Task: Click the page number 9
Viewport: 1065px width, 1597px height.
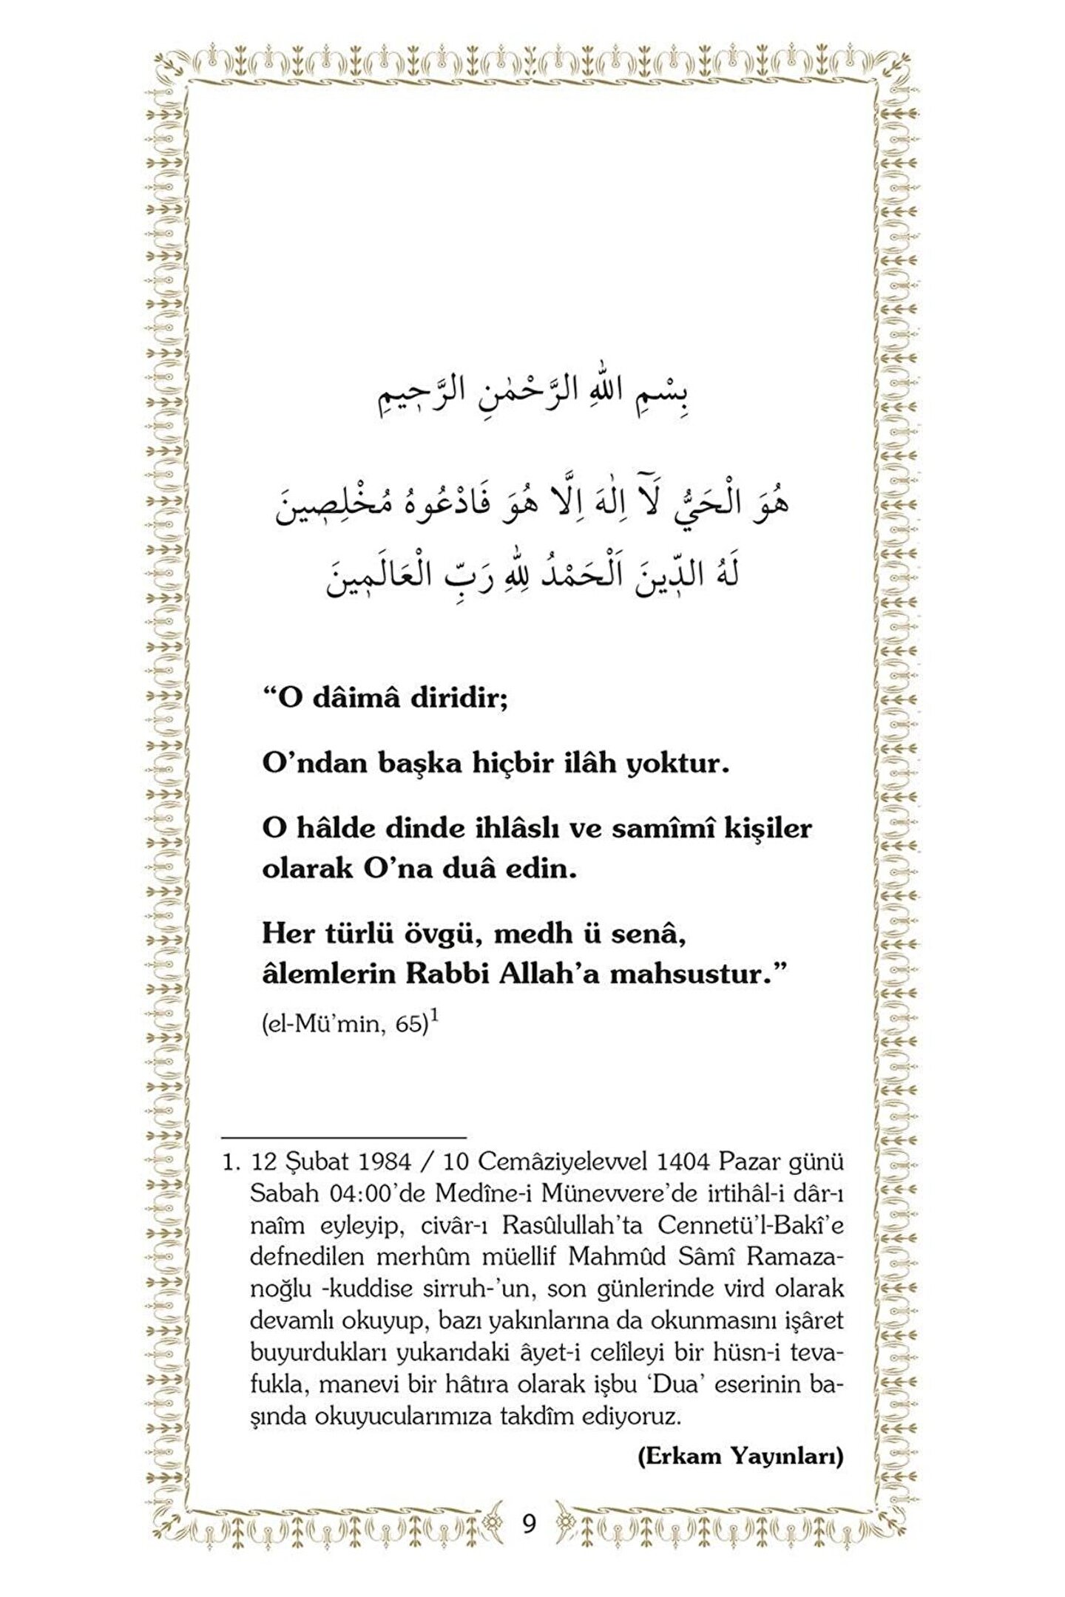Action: click(529, 1524)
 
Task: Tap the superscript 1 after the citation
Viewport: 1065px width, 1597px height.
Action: click(435, 1017)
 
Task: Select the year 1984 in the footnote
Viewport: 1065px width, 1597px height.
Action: click(384, 1162)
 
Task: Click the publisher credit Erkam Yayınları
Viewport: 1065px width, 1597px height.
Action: click(740, 1457)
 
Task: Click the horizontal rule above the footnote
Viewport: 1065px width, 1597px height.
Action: click(344, 1136)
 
